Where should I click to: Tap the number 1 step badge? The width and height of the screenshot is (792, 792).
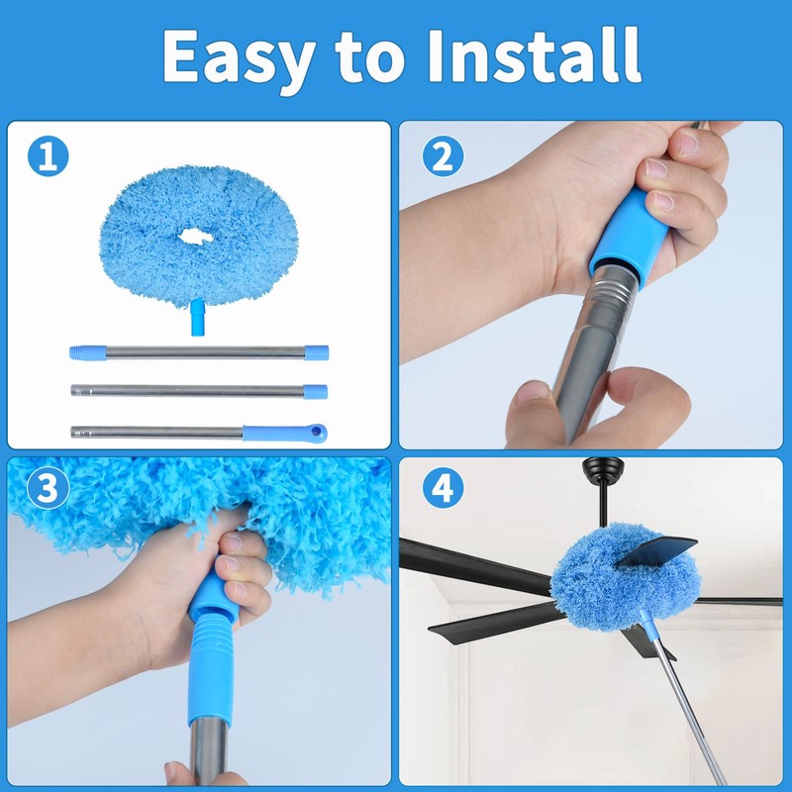tap(48, 157)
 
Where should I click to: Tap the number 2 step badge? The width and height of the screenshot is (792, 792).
tap(443, 157)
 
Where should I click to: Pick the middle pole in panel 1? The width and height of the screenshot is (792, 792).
tap(198, 391)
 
